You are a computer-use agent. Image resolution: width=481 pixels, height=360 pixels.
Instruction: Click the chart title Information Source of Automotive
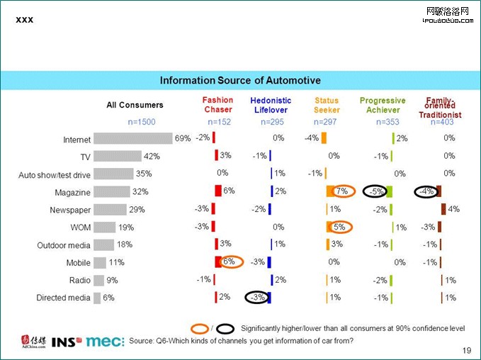tap(240, 80)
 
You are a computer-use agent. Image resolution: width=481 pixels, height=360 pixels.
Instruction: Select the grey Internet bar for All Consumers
tap(133, 138)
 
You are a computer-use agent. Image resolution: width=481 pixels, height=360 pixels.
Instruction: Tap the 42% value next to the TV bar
tap(152, 156)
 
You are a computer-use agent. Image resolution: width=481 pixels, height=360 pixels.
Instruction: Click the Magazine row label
tap(72, 193)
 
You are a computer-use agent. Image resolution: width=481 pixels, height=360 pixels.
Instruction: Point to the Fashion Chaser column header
tap(217, 105)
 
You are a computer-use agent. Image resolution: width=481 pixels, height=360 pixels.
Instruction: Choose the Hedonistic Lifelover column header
tap(271, 105)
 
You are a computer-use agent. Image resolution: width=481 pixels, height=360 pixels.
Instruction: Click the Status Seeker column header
tap(327, 105)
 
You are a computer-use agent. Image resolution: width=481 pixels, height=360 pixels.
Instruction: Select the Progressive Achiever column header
tap(383, 105)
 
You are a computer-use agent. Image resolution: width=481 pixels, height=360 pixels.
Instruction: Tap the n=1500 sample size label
tap(142, 122)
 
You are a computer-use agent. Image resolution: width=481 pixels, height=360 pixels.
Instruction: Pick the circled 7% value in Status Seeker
tap(341, 191)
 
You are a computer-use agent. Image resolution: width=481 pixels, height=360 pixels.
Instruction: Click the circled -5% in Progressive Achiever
tap(377, 191)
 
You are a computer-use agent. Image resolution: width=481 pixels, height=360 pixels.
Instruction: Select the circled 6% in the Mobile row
tap(229, 261)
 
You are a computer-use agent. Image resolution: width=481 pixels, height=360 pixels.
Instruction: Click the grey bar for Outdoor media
tap(103, 244)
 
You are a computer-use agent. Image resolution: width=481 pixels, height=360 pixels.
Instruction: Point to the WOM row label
tap(80, 227)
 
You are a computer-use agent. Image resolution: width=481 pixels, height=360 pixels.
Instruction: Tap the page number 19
tap(466, 350)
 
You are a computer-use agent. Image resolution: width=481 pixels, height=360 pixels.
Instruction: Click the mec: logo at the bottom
tap(105, 341)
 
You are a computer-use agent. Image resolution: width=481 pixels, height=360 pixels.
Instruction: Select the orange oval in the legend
tap(200, 329)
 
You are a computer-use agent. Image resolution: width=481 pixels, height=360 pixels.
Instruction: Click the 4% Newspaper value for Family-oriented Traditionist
tap(454, 209)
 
